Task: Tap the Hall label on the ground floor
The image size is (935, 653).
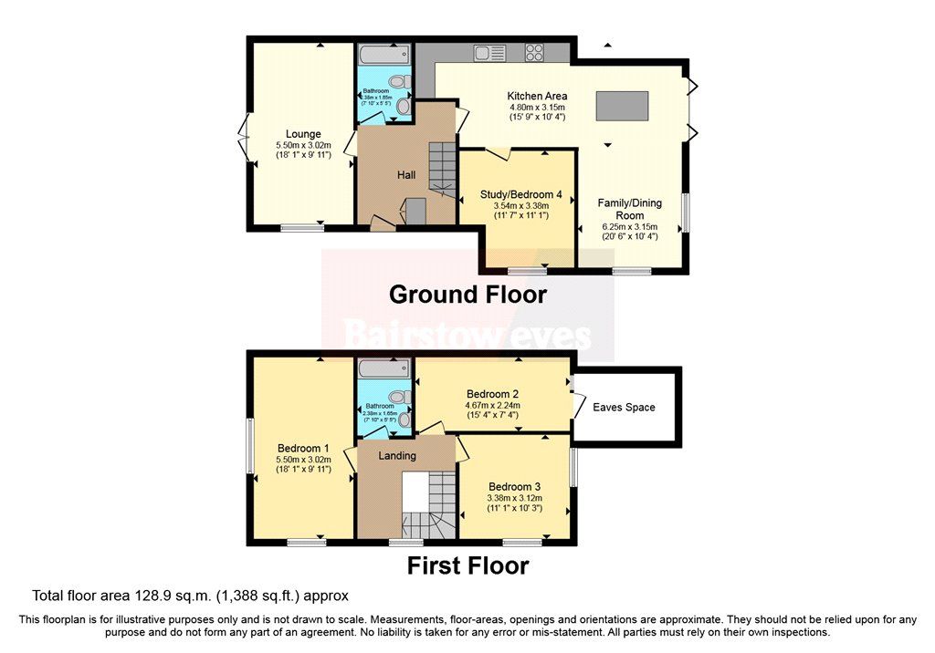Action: (x=407, y=174)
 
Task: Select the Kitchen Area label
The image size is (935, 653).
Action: (x=537, y=96)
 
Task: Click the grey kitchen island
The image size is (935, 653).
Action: (x=622, y=106)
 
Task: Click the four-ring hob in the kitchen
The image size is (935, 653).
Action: (x=535, y=53)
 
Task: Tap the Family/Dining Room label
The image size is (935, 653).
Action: (x=629, y=209)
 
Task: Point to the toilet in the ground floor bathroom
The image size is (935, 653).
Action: (x=402, y=106)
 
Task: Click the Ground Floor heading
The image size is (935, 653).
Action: (x=467, y=295)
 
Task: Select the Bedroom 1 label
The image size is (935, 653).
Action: (x=302, y=449)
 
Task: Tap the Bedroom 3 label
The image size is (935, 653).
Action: (x=514, y=486)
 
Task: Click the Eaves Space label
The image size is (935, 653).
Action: (x=625, y=407)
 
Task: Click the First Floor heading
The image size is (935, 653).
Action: (x=467, y=566)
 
